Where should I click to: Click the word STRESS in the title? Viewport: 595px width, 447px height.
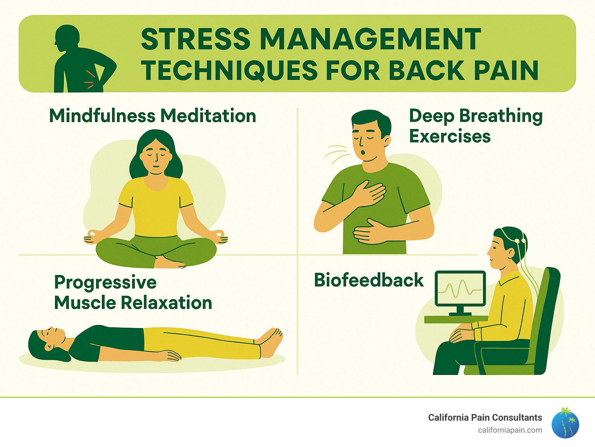click(196, 39)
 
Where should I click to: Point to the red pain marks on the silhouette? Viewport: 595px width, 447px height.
click(90, 79)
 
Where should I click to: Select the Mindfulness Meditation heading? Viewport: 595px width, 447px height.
click(153, 116)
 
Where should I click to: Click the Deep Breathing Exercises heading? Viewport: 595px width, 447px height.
click(475, 126)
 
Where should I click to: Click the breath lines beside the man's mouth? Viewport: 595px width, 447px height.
click(336, 153)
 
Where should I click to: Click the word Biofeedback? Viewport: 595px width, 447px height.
click(368, 280)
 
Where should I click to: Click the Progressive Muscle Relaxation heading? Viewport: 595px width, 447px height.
click(133, 292)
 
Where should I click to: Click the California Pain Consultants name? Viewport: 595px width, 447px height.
click(485, 418)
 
